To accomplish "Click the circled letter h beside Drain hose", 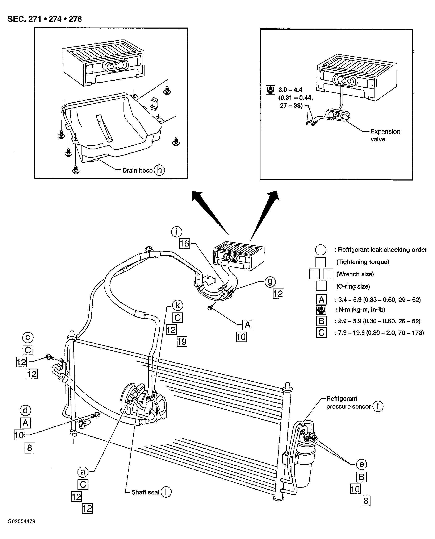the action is (159, 170).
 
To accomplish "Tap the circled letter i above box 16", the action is (177, 231).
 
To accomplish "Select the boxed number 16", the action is (185, 243).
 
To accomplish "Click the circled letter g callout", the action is (270, 282).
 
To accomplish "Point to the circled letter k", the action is (178, 305).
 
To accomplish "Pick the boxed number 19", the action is (182, 341).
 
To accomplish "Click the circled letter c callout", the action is (28, 337).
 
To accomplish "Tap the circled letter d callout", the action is (25, 411).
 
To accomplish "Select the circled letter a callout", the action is (83, 472).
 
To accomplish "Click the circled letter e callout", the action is (361, 464).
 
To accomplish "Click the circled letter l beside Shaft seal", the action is (166, 492).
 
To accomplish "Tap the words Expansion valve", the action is (385, 135).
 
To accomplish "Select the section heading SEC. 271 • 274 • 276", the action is (45, 19).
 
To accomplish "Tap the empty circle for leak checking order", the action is (321, 250).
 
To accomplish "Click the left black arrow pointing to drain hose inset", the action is (210, 213).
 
